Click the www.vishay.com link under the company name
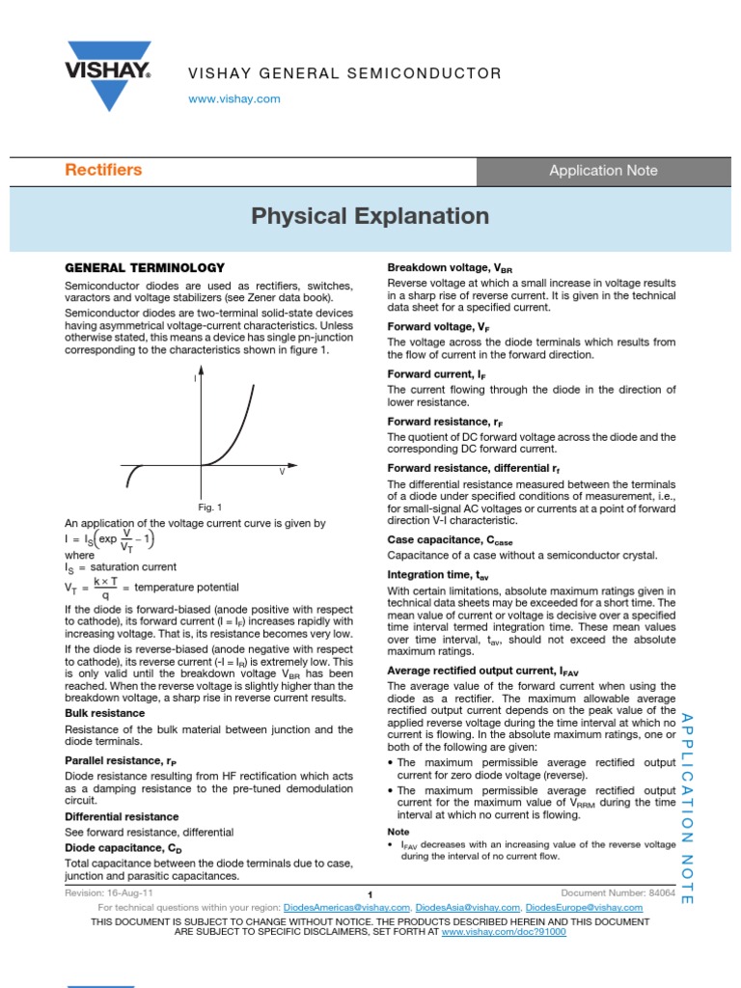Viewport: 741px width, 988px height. tap(234, 99)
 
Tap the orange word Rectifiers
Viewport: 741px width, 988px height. tap(103, 170)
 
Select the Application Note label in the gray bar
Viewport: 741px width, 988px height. tap(603, 171)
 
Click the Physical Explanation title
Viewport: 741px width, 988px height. tap(370, 216)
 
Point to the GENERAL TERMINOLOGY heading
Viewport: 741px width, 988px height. tap(144, 267)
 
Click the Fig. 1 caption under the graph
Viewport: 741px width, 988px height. tap(209, 508)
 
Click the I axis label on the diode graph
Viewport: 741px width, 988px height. tap(195, 379)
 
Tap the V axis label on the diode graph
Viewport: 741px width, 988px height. tap(282, 472)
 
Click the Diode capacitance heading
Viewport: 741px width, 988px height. tap(123, 847)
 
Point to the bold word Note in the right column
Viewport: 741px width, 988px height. tap(398, 831)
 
